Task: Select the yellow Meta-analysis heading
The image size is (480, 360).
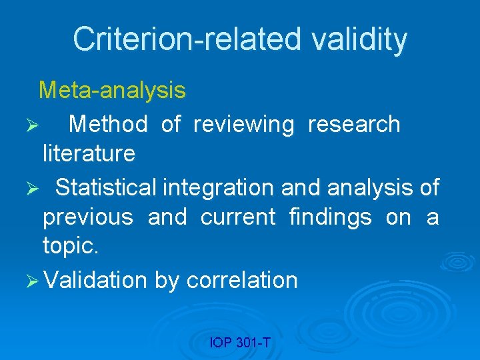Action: pyautogui.click(x=112, y=90)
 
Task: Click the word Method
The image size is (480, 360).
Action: pyautogui.click(x=108, y=124)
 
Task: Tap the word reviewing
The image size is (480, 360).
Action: pyautogui.click(x=243, y=124)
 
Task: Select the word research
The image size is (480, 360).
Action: pyautogui.click(x=354, y=124)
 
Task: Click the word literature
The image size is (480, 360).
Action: pyautogui.click(x=89, y=153)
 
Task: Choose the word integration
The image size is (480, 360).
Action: pyautogui.click(x=219, y=187)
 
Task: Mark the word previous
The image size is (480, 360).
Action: pyautogui.click(x=88, y=217)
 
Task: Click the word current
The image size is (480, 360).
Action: pyautogui.click(x=238, y=217)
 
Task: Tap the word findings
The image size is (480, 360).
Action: pyautogui.click(x=330, y=217)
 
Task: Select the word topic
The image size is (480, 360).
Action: pyautogui.click(x=70, y=247)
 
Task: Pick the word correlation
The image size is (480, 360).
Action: pyautogui.click(x=242, y=280)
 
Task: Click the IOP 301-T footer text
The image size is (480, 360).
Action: pyautogui.click(x=240, y=343)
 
